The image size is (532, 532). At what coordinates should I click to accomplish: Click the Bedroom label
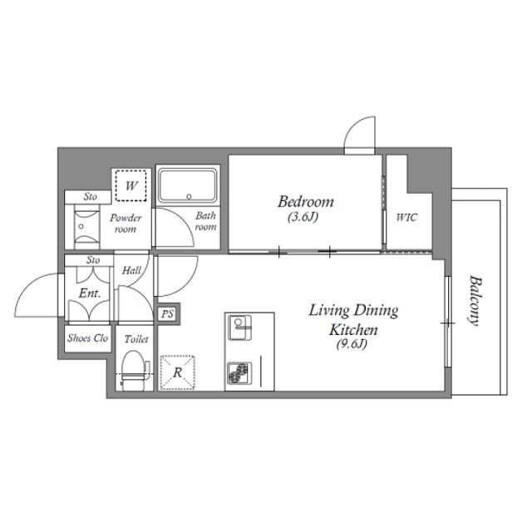point(306,202)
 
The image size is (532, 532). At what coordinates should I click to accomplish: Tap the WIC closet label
point(406,217)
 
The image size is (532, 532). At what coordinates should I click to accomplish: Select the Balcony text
point(475,301)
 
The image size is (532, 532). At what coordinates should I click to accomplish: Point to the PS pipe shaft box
point(167,314)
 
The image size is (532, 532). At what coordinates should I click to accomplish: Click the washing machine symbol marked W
point(131,185)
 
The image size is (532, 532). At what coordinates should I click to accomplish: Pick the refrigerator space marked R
point(177,372)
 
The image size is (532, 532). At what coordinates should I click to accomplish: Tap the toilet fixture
point(135,371)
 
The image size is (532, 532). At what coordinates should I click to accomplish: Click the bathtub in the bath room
point(188,185)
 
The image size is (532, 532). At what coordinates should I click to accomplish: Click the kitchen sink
point(240,328)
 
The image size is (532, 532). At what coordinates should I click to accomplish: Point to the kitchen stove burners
point(239,373)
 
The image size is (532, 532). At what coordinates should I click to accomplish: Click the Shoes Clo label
point(87,338)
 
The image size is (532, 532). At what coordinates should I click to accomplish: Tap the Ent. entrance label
point(90,293)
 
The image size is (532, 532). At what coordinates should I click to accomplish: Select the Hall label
point(131,270)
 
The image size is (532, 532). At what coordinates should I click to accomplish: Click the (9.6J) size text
point(352,344)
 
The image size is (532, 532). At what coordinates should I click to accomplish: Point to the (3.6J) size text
point(303,217)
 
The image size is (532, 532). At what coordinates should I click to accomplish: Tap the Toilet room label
point(136,339)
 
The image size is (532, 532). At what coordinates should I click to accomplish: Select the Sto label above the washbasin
point(91,196)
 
